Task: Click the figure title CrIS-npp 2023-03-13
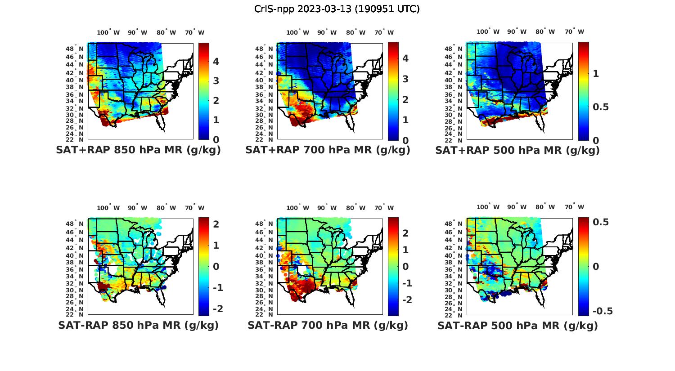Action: click(x=337, y=9)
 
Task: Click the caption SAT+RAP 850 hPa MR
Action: click(x=138, y=151)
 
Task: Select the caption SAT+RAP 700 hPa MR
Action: click(x=328, y=151)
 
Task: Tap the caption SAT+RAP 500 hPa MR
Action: click(x=517, y=151)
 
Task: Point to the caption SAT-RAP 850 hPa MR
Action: click(x=138, y=326)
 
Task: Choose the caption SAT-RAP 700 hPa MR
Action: click(x=328, y=326)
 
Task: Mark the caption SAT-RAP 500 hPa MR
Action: click(x=517, y=326)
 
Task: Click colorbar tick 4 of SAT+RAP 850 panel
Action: click(x=216, y=62)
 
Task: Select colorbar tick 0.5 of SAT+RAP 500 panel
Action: click(x=601, y=107)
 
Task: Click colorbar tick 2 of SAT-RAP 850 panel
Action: click(x=216, y=224)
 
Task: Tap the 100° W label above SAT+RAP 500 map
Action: click(x=488, y=32)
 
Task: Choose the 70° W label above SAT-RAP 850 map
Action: click(x=194, y=208)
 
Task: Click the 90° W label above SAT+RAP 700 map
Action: click(x=327, y=33)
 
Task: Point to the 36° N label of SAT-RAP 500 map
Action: click(x=454, y=269)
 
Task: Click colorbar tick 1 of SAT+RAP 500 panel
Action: click(x=596, y=74)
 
